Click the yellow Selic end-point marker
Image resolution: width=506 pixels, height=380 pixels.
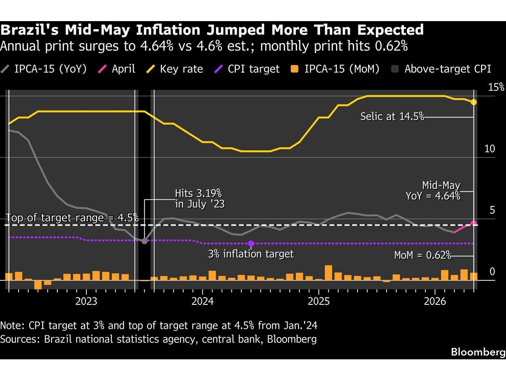coord(474,102)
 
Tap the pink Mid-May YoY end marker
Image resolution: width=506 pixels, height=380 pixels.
coord(474,223)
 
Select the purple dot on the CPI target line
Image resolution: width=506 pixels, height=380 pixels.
coord(251,244)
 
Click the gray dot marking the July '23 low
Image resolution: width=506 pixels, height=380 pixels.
coord(144,241)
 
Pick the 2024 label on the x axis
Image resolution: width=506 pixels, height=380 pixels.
coord(203,301)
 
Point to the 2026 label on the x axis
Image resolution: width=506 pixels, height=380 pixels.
coord(435,301)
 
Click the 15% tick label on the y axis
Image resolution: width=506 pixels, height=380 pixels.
coord(496,87)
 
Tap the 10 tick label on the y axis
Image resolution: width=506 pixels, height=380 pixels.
coord(490,149)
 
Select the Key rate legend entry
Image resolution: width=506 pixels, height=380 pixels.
coord(175,69)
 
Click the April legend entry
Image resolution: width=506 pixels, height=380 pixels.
coord(116,69)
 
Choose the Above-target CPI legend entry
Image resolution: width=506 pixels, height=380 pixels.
coord(441,69)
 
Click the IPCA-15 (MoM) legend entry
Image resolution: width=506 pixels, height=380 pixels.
coord(335,69)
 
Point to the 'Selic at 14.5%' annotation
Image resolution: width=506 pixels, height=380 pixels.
coord(392,116)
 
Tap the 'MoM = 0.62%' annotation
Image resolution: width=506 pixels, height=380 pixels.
coord(423,255)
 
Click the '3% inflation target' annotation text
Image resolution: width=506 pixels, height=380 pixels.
coord(251,254)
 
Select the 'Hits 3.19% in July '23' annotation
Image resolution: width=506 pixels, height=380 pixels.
coord(199,198)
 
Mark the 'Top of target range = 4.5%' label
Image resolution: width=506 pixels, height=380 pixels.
coord(72,217)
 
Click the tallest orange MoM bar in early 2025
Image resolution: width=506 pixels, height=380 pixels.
coord(328,273)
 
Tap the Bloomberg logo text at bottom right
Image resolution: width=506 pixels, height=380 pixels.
coord(478,352)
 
